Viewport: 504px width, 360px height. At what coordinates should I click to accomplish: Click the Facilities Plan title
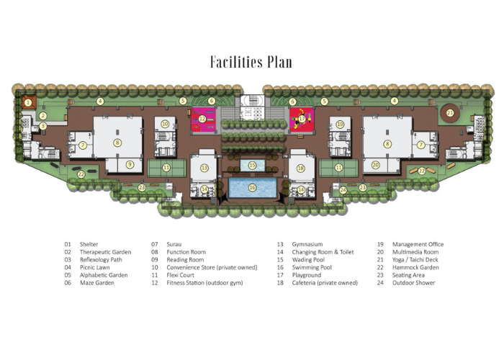coord(251,62)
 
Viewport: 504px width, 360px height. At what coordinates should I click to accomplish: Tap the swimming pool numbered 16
coord(252,188)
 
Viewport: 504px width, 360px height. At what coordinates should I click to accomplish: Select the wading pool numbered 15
coord(252,165)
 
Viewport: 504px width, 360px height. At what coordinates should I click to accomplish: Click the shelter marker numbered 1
coord(29,103)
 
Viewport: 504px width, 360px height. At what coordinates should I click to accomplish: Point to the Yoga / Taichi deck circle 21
coord(450,113)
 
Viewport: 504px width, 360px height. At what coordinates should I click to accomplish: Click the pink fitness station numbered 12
coord(203,120)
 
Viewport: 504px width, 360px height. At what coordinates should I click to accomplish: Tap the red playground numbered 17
coord(302,120)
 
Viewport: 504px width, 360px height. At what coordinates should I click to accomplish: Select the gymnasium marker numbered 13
coord(204,168)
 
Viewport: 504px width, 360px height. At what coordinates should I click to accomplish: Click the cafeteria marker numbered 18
coord(300,168)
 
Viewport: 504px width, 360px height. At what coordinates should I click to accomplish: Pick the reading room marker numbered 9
coord(130,165)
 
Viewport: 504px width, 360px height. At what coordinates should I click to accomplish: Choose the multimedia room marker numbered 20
coord(376,165)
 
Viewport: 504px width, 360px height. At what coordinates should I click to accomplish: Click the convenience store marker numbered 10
coord(165,124)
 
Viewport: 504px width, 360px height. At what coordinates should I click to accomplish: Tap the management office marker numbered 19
coord(340,124)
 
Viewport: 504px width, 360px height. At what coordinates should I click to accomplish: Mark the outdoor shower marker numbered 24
coord(343,190)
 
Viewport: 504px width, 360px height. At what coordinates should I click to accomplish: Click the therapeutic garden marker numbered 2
coord(43,116)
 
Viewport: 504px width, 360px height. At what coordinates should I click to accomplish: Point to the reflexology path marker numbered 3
coord(42,126)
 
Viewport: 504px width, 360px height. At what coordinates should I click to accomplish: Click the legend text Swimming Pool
coord(312,267)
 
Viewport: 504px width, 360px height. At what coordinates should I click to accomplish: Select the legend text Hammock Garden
coord(415,267)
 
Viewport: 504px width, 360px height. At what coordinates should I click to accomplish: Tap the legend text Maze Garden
coord(97,283)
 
